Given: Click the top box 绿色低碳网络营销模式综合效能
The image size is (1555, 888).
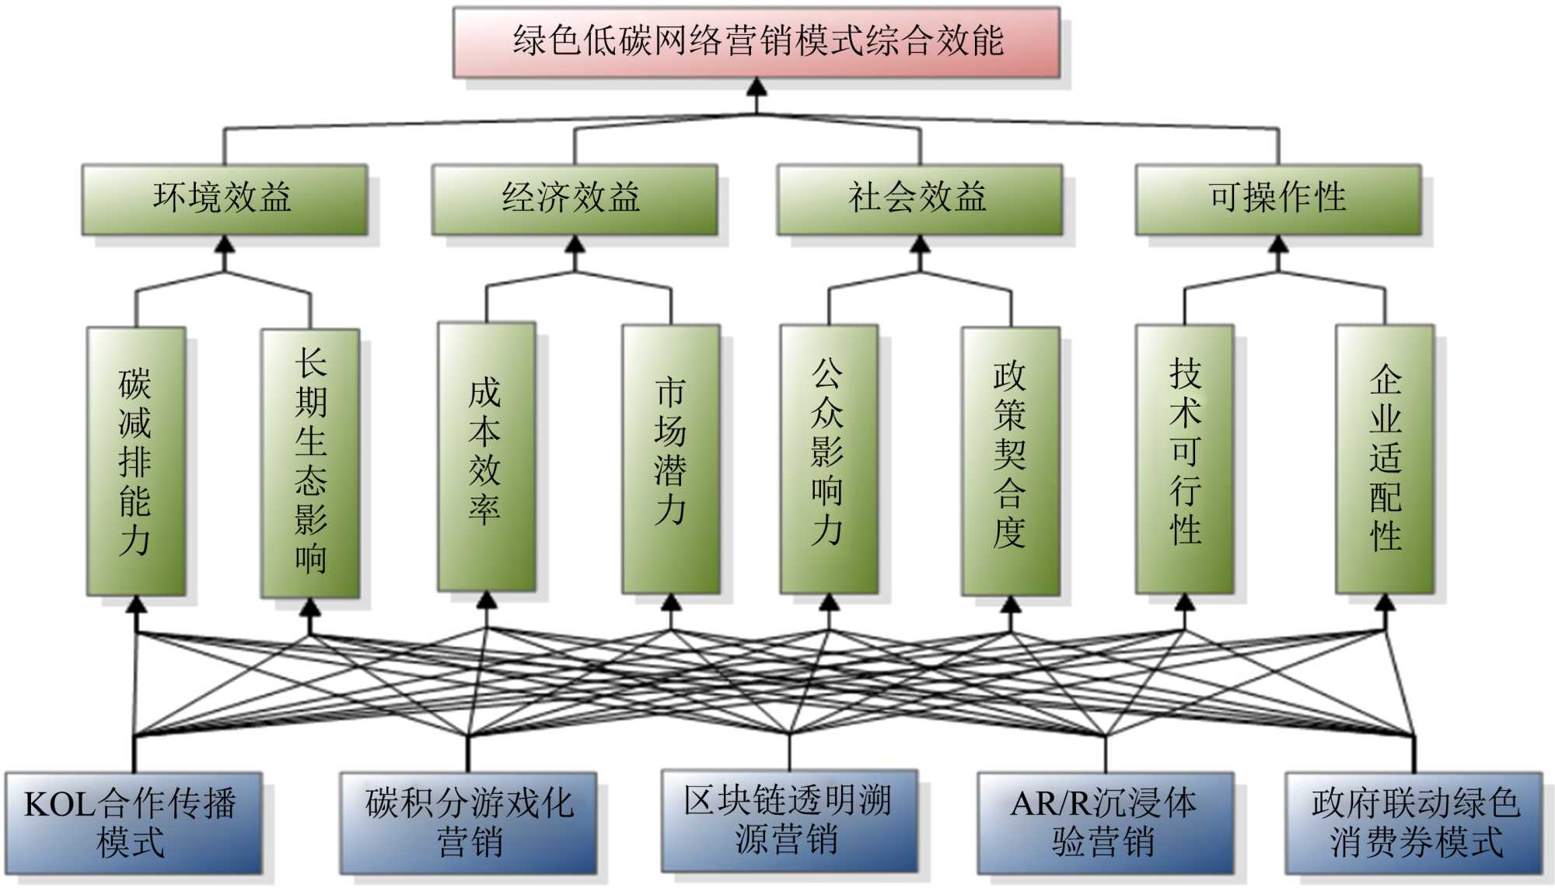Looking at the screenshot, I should (757, 42).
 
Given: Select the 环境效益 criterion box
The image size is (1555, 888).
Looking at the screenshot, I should (225, 199).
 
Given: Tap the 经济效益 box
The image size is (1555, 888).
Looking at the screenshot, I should (575, 199).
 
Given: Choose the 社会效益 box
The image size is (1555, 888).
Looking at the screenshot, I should (920, 199).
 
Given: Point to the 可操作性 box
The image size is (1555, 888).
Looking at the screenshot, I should (1278, 199).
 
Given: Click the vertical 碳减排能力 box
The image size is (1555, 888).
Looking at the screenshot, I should (136, 461).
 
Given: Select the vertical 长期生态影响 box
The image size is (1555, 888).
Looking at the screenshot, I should (310, 463).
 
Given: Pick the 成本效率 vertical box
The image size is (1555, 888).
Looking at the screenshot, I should (487, 456).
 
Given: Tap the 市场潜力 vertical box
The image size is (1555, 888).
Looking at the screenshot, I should (671, 459).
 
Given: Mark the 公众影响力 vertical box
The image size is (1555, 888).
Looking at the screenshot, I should (829, 459).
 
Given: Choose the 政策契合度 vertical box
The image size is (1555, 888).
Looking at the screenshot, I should (1011, 461).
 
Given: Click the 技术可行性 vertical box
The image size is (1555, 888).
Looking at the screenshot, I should (1185, 459).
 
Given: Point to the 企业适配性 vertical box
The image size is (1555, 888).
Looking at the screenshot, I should (1385, 459).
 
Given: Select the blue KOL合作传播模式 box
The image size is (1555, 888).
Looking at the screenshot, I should (134, 823).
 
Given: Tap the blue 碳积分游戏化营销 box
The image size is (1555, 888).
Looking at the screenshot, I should (468, 823).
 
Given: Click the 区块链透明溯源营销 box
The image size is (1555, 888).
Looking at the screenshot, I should (789, 820).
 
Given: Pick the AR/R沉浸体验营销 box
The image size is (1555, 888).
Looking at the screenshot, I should (1106, 823).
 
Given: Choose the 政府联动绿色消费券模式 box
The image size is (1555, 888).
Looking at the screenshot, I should (1413, 823).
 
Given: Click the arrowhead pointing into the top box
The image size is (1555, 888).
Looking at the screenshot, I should (757, 86).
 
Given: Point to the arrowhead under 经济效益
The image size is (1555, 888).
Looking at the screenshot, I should (575, 244).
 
